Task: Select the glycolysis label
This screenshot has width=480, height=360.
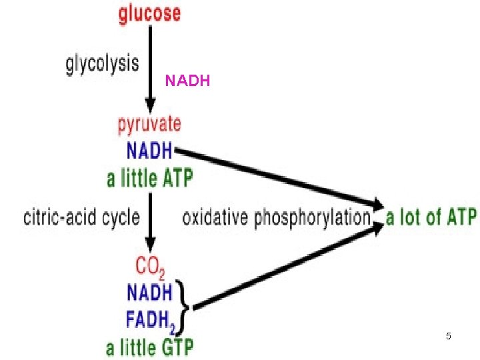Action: point(102,64)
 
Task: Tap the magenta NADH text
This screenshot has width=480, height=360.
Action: point(187,81)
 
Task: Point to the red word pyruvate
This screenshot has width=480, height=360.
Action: point(149,125)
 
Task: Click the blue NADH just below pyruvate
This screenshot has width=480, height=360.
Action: point(149,150)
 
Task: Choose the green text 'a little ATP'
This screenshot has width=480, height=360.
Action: point(150,178)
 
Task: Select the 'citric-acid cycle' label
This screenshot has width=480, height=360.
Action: point(81,217)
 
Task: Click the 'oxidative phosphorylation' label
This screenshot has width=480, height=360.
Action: point(276,217)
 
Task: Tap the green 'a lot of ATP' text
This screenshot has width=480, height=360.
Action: point(431,217)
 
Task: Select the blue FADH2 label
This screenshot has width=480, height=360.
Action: point(151,320)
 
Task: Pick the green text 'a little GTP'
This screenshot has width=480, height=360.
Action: point(150,348)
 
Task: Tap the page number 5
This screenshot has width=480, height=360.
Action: point(449,337)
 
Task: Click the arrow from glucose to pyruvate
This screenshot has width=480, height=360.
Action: point(151,67)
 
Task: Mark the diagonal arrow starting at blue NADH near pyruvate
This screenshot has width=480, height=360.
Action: point(280,176)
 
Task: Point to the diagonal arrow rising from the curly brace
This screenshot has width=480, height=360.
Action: point(287,267)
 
